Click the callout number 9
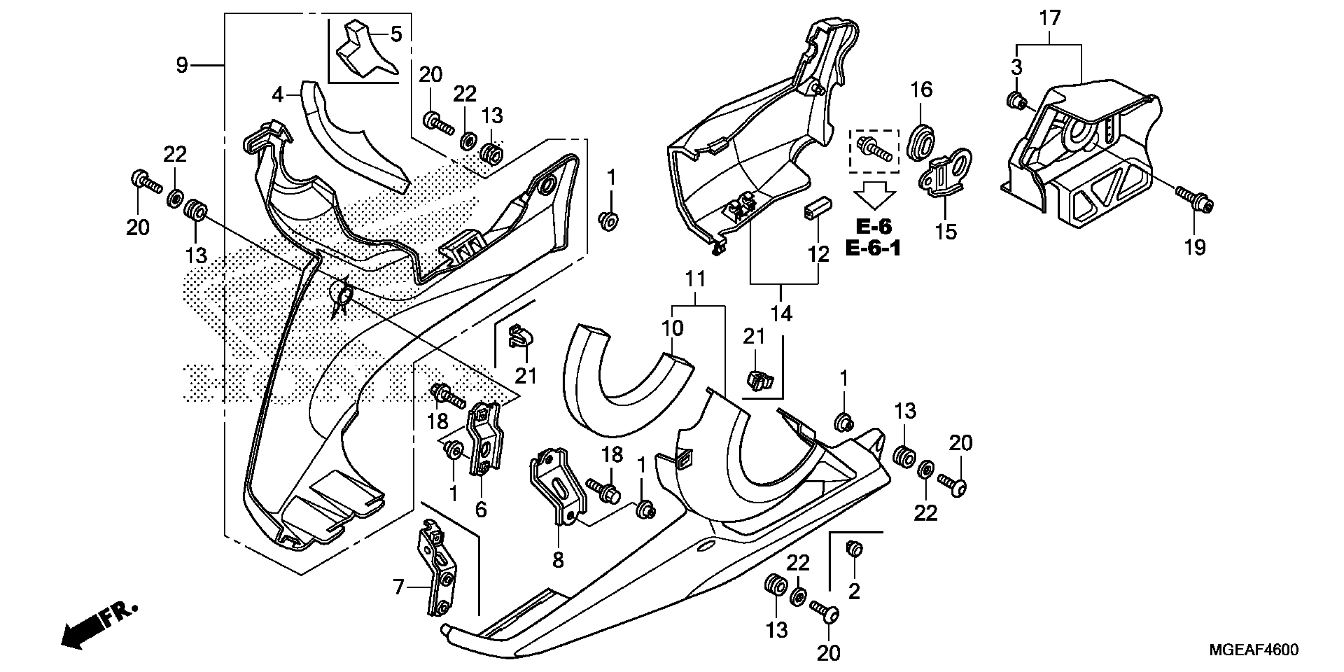click(x=181, y=66)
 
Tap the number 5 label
click(x=396, y=34)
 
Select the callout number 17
click(x=1050, y=19)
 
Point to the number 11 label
click(x=695, y=279)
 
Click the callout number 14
click(x=781, y=314)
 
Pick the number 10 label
click(x=672, y=329)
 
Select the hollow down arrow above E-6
click(x=874, y=196)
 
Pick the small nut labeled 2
click(x=854, y=549)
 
